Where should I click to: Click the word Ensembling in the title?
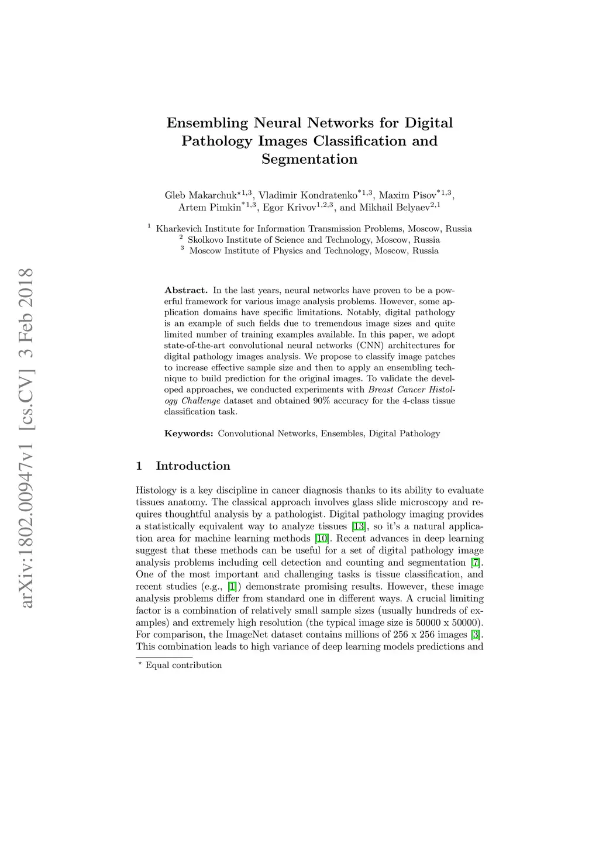(207, 123)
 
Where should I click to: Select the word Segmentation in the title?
(309, 159)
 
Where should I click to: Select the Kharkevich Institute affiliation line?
(314, 229)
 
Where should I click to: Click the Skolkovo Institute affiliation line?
(314, 240)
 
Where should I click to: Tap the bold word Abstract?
(186, 290)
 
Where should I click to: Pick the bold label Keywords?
(188, 433)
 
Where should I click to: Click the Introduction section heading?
(193, 466)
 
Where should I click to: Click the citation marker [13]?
(359, 526)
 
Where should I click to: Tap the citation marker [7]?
(476, 563)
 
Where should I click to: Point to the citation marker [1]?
(232, 587)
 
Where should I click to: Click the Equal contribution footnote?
(184, 665)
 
